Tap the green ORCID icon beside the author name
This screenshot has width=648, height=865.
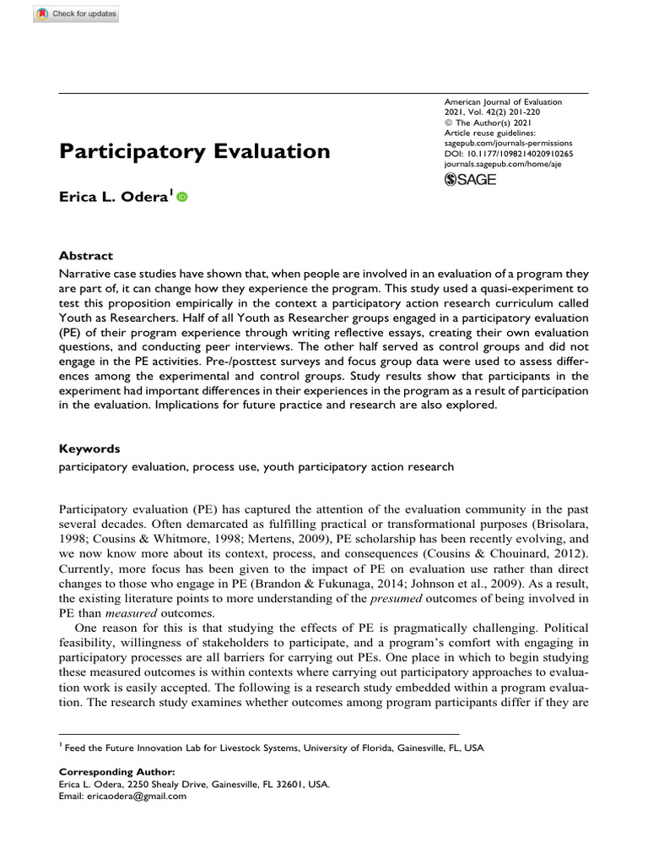coord(182,197)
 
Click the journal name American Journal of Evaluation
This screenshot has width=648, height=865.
coord(502,102)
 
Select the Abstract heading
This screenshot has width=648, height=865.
coord(85,256)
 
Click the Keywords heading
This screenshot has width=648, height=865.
coord(89,449)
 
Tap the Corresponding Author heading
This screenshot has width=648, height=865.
coord(117,771)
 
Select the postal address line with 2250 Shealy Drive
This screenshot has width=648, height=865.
coord(194,783)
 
